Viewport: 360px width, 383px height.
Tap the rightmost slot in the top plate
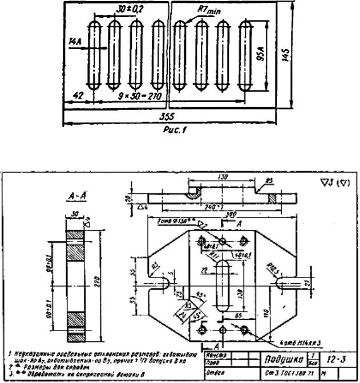246,58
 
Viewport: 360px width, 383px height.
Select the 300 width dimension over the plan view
215,213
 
